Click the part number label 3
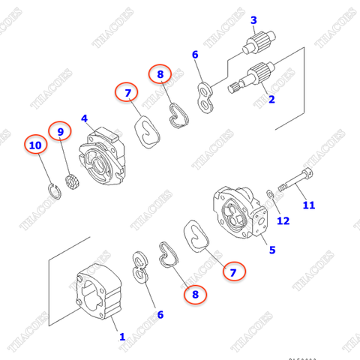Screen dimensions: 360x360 253,19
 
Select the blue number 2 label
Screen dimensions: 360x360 271,98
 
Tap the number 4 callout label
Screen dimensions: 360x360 85,118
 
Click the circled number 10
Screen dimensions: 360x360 33,143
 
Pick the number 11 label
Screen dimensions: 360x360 308,205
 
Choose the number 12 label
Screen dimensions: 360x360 283,220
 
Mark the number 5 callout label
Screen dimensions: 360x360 272,251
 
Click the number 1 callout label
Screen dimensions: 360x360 121,337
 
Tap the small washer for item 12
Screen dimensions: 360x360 269,196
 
